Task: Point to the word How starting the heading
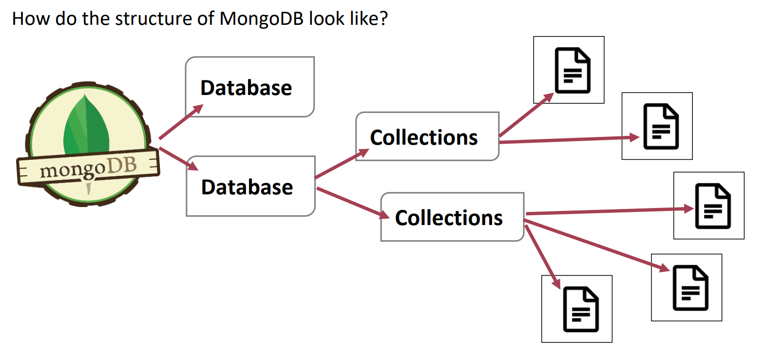[31, 19]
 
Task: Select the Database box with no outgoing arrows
[249, 87]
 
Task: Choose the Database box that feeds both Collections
[250, 186]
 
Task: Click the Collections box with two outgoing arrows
[427, 136]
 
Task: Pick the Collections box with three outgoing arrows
[452, 217]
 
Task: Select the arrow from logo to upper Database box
[181, 121]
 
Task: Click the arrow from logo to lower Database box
[178, 159]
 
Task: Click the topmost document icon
[569, 70]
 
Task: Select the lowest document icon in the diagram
[576, 309]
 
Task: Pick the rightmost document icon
[708, 205]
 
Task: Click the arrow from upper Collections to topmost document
[527, 114]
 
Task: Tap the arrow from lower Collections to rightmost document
[609, 211]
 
